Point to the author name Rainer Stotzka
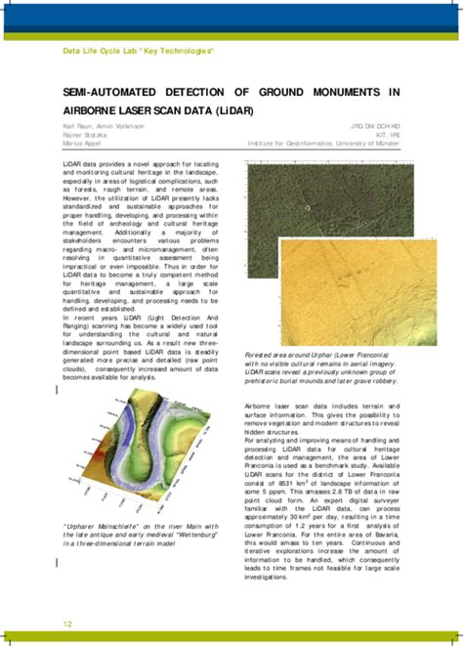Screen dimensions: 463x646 pyautogui.click(x=86, y=134)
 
